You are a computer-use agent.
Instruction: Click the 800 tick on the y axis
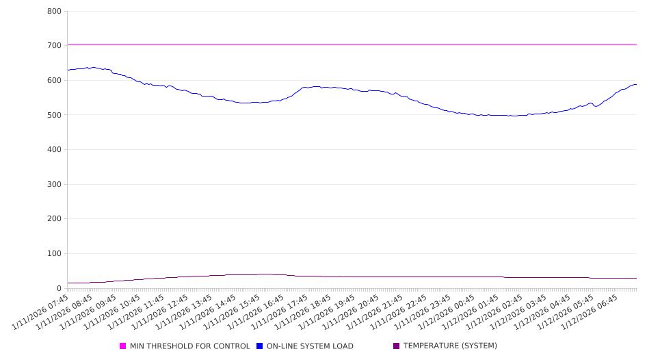54,12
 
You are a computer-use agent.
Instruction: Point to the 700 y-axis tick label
54,45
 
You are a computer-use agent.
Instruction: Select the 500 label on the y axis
54,115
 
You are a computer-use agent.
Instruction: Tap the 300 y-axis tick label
54,185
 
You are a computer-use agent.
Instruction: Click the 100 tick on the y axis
54,254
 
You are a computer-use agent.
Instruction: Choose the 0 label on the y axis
59,289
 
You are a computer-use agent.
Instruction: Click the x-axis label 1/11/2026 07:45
42,312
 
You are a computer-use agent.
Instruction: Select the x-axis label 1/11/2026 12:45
161,312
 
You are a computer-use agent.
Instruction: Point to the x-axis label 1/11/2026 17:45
280,312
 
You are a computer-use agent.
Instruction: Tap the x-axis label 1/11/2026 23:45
423,312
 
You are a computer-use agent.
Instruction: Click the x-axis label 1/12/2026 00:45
447,312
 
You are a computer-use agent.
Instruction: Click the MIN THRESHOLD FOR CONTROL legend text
189,346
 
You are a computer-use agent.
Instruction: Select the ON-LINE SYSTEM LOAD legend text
309,346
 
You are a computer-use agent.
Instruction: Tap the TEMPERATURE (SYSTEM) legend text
449,346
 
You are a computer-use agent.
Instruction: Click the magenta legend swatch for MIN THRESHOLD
123,346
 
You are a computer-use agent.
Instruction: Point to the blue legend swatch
260,346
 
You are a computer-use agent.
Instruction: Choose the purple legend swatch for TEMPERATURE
397,346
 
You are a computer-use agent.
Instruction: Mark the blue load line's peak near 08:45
90,67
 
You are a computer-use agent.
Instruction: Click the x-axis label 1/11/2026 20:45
352,312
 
